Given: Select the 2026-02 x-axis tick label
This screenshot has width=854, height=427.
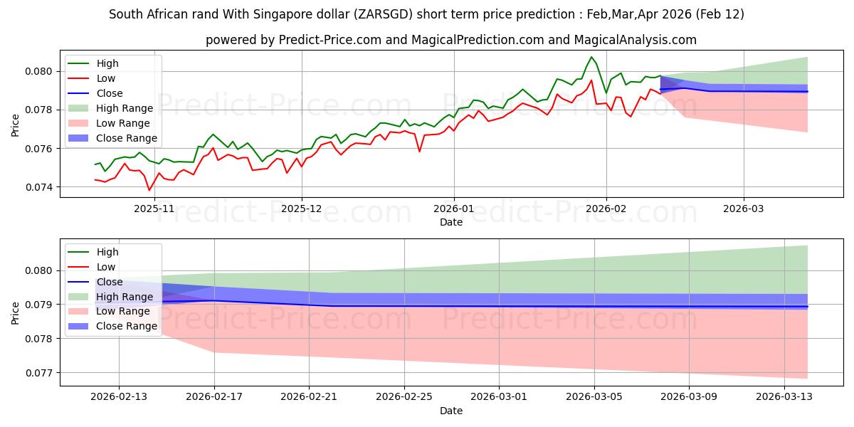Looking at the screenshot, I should pos(606,209).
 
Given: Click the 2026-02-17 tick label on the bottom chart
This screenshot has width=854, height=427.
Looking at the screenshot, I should pos(215,397).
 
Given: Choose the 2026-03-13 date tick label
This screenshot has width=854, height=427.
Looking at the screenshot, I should pos(784,397).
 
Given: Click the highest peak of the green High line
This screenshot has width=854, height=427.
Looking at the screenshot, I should pos(591,57).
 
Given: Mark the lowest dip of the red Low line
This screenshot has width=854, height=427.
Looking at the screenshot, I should pos(149,190).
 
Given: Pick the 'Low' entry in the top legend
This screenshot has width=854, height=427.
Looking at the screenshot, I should pos(106,78).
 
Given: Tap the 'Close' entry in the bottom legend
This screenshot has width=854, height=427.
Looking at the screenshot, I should pos(110,282).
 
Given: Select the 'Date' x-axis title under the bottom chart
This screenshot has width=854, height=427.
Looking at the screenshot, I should pos(450,411).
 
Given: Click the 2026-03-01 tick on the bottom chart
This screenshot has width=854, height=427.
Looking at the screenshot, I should pos(499,397).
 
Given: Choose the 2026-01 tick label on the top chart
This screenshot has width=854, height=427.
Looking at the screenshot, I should pos(454,209).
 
